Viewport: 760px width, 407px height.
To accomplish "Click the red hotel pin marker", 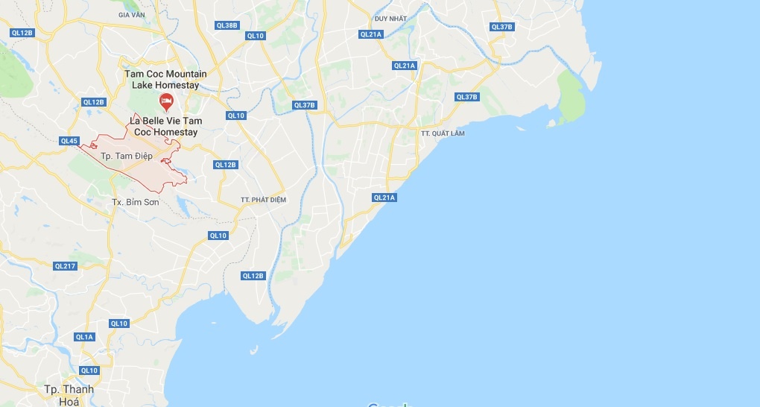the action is (166, 101).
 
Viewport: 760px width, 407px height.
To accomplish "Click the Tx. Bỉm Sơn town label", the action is (135, 202).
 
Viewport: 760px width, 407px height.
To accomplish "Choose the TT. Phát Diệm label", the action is (263, 200).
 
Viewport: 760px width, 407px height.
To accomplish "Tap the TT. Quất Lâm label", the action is (442, 133).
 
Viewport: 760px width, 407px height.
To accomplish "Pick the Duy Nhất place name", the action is (390, 18).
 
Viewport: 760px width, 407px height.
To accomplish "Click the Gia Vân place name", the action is (132, 14).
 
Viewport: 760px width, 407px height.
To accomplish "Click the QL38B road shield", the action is (227, 25).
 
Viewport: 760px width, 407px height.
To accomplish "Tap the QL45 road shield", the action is (69, 141).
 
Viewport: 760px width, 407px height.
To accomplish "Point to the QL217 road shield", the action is (66, 266).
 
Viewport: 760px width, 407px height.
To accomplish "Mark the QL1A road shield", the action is (84, 337).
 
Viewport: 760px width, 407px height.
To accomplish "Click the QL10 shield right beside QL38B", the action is (256, 35).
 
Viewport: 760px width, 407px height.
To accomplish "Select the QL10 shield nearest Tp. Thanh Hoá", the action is (89, 370).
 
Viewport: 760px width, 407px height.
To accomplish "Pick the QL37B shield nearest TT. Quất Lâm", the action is (466, 97).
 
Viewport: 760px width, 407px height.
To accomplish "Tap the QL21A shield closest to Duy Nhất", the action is (370, 34).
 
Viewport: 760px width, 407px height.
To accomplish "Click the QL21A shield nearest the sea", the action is (384, 198).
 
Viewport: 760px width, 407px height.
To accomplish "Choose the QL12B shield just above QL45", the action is (95, 102).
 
